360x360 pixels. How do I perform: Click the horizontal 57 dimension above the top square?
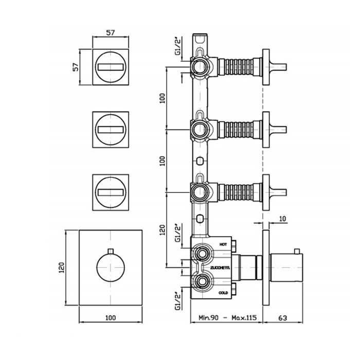coord(111,32)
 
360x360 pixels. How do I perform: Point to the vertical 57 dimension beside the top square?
coord(76,67)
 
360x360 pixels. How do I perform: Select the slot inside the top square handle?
coord(111,67)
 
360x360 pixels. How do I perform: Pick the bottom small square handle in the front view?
coord(111,192)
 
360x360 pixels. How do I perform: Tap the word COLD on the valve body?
coord(223,292)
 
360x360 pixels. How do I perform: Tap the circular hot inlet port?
coord(202,254)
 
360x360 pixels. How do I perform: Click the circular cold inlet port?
coord(202,281)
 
